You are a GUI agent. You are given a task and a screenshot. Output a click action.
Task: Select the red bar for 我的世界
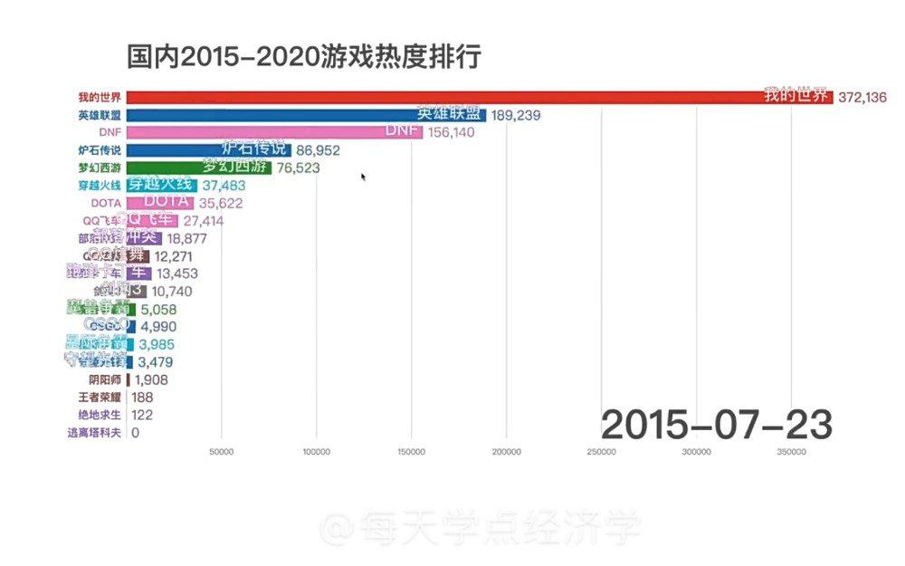[452, 97]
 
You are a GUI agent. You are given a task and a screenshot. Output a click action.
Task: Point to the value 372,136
[862, 97]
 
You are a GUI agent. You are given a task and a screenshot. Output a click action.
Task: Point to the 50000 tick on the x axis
[222, 452]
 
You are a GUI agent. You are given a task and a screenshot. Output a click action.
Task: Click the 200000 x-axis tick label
[506, 452]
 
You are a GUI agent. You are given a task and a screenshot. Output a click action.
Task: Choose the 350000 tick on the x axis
[791, 452]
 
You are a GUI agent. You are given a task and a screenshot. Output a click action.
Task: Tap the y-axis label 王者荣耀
[98, 398]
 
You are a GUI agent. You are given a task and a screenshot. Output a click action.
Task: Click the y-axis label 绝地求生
[98, 415]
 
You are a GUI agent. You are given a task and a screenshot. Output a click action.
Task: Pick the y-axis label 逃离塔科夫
[94, 433]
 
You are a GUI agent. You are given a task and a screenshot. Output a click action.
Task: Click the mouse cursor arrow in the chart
[364, 177]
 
